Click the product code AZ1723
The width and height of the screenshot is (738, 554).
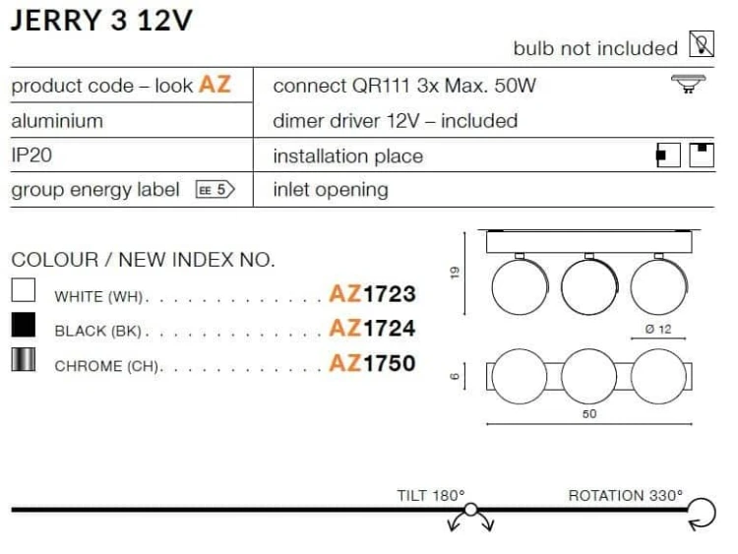(372, 293)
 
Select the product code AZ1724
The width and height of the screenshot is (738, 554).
(372, 328)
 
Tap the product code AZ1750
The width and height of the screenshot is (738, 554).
(372, 363)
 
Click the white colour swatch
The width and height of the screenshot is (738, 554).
(23, 289)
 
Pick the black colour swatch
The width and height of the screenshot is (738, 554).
(23, 325)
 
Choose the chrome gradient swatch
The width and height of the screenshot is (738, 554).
(23, 359)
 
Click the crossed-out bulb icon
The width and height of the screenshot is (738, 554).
(702, 43)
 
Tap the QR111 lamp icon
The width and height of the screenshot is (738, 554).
(688, 84)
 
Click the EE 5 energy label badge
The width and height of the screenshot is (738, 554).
(215, 190)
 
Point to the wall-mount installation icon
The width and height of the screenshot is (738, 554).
(668, 154)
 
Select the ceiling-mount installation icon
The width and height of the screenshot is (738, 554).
(702, 154)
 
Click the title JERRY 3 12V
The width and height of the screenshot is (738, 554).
(101, 21)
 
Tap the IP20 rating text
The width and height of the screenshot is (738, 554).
(31, 154)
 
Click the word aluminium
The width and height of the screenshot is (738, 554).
(57, 121)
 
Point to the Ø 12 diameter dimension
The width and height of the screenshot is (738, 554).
(658, 329)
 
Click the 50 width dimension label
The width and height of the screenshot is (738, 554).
(589, 413)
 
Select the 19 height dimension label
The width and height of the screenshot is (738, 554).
(455, 273)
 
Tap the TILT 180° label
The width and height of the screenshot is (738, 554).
(431, 495)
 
